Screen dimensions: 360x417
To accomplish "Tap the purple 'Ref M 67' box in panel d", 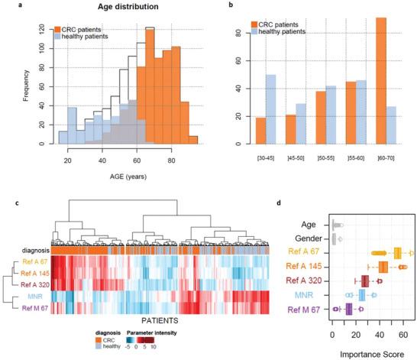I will [350, 309].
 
